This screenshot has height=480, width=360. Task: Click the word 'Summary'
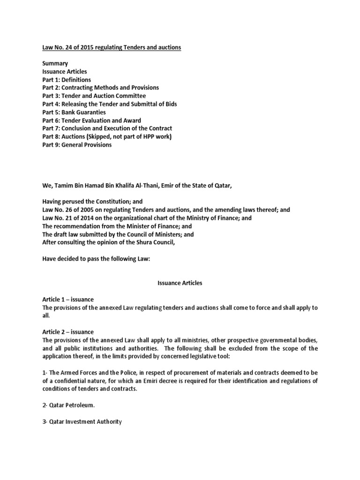point(55,63)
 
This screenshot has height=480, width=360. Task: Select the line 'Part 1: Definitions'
point(67,80)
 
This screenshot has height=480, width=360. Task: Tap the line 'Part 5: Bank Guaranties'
point(74,112)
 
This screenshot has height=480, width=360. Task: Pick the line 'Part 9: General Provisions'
point(77,144)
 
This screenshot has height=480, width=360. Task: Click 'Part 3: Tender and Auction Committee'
point(94,96)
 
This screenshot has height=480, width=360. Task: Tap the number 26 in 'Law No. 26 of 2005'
point(71,209)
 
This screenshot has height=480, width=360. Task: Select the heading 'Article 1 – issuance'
point(68,300)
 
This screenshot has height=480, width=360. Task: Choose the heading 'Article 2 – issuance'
point(68,332)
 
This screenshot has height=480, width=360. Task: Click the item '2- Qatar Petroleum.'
point(69,405)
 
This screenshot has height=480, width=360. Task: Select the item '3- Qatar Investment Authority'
point(82,421)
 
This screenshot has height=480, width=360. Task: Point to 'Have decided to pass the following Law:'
point(96,258)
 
